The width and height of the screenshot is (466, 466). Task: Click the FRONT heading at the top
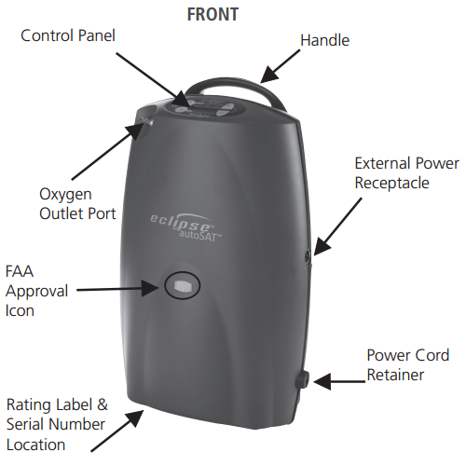click(x=212, y=14)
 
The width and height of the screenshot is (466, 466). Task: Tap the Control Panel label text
click(x=68, y=35)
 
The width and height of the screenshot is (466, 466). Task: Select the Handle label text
click(x=324, y=40)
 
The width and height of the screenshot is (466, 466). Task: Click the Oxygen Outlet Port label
click(x=77, y=204)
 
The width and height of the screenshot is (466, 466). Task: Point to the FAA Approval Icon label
click(x=36, y=291)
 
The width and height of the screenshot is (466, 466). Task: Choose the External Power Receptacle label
click(x=406, y=172)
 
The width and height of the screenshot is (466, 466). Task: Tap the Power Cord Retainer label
click(x=408, y=364)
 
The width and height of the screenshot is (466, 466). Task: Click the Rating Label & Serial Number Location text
click(x=57, y=425)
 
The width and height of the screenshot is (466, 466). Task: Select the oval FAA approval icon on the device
click(x=183, y=285)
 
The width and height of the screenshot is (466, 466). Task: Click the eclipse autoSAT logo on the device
click(x=185, y=226)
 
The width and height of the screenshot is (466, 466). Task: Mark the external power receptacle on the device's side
click(x=308, y=255)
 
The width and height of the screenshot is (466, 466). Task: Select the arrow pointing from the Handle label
click(x=280, y=66)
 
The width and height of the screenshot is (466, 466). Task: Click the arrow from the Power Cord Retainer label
click(x=339, y=381)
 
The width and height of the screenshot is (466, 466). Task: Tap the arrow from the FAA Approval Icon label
click(x=117, y=289)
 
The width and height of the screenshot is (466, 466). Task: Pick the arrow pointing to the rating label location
click(x=117, y=431)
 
